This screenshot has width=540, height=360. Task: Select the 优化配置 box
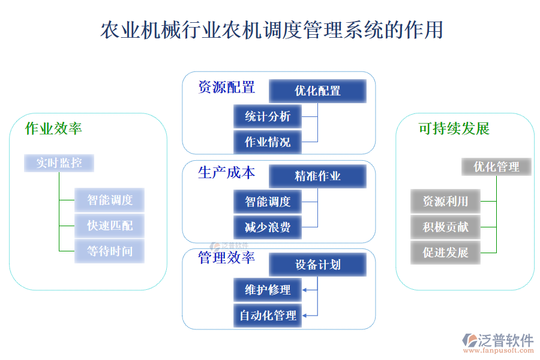317,91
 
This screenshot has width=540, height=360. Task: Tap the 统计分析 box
268,116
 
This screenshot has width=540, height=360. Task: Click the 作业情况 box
268,142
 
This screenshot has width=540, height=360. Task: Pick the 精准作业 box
317,176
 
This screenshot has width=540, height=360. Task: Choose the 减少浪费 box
268,227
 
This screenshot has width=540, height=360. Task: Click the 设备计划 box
317,265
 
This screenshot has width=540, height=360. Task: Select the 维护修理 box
268,290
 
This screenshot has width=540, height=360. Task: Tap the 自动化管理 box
268,316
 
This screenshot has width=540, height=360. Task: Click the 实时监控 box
59,163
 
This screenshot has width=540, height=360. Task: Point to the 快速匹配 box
110,226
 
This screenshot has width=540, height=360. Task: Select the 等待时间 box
110,251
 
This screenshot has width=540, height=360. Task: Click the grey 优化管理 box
496,166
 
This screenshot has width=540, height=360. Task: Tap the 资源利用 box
445,201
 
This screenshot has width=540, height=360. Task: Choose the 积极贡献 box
445,227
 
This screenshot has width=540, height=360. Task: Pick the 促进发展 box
445,252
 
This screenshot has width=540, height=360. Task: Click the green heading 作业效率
53,128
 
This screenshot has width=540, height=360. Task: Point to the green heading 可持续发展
454,128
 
